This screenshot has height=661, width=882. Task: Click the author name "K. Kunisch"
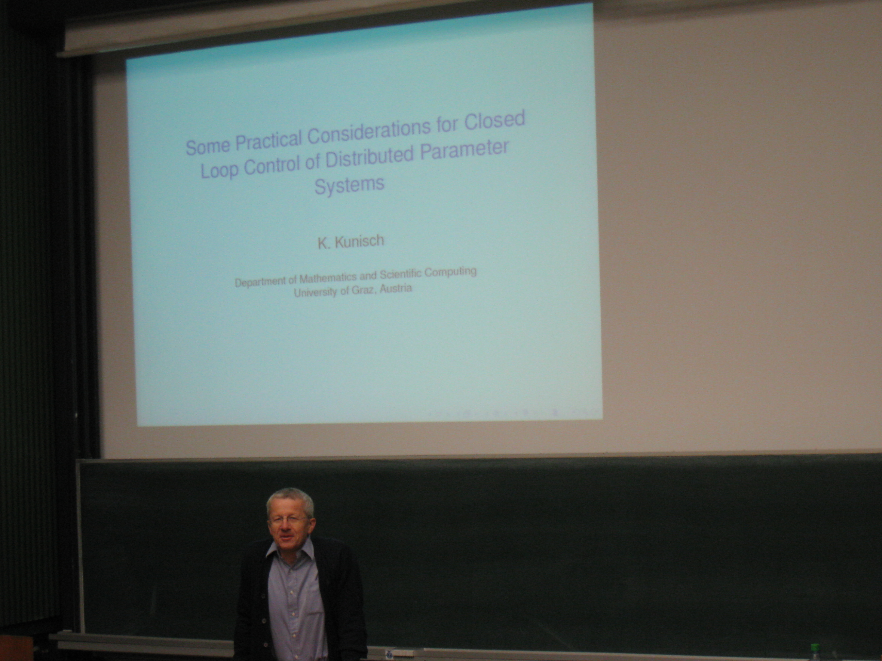click(351, 241)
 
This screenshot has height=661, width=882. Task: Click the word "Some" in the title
click(208, 146)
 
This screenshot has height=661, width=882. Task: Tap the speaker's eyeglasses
click(288, 519)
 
